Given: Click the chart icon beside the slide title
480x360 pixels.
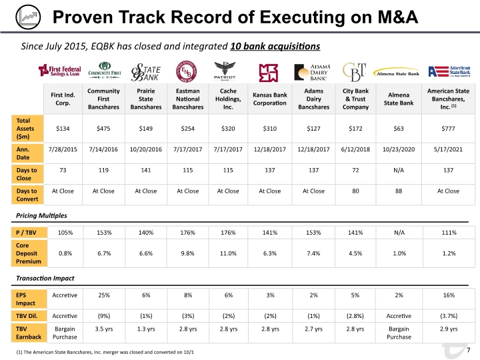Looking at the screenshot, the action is pos(28,17).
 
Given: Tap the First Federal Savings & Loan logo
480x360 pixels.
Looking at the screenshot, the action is pos(60,71).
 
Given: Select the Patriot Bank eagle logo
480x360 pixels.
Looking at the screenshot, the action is pos(225,71).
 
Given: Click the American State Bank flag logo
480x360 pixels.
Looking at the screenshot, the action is pos(449,71).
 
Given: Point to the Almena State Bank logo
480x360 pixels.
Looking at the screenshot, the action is pos(397,73).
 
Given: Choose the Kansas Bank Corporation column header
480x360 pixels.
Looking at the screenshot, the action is pos(270,99).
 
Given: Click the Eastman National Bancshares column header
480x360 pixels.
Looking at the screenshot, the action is pos(187,99).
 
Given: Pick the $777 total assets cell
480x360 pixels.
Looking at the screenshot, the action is pos(448,129).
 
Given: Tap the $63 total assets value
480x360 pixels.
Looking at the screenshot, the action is pos(399,129).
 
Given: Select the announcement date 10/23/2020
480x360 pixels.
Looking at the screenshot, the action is pos(399,149).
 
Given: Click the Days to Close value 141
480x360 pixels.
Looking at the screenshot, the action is pos(146,170).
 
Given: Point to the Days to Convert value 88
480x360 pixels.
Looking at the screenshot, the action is pos(399,191).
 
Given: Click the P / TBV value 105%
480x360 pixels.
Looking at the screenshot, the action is pos(65,233).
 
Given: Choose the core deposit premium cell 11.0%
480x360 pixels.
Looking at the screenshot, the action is pos(228,253).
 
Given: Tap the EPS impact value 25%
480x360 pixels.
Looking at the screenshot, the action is pos(104,295).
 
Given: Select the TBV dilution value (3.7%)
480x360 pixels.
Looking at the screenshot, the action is pos(449,316).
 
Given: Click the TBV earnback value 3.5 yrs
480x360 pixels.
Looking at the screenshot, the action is pos(104,329).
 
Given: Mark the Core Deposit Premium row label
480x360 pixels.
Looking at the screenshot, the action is pos(29,253).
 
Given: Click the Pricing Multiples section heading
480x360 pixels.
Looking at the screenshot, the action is pos(41,215).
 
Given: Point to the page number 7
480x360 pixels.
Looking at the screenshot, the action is pos(469,350).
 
